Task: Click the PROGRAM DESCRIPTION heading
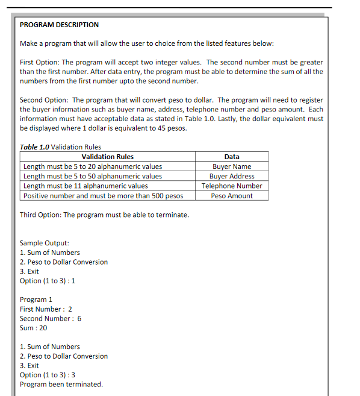click(59, 25)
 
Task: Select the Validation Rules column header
click(107, 157)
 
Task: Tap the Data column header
click(231, 157)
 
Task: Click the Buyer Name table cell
click(231, 166)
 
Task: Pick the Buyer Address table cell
click(231, 176)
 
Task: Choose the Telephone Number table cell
click(231, 186)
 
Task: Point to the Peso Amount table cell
click(231, 196)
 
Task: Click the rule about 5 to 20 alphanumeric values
click(93, 166)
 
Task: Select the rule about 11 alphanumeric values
click(85, 186)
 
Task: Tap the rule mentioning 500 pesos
click(103, 196)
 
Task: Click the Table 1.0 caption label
click(35, 146)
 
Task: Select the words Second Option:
click(43, 100)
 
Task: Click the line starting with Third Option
click(104, 215)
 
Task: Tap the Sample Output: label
click(40, 243)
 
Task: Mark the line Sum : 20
click(33, 328)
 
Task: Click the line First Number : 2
click(46, 309)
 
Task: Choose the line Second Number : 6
click(51, 318)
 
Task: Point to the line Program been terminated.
click(61, 385)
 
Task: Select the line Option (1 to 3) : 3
click(48, 375)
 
